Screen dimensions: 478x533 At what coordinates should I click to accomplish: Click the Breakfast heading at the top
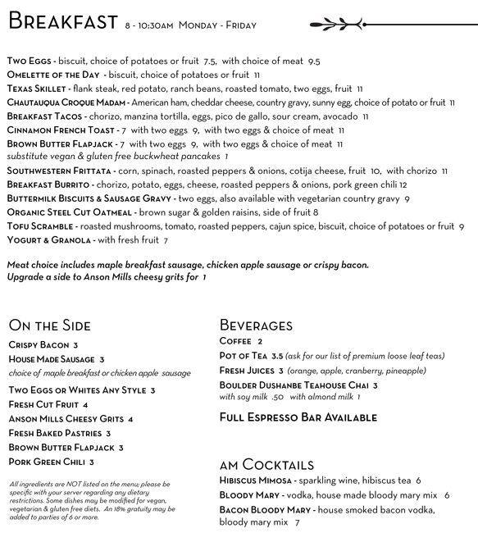[62, 23]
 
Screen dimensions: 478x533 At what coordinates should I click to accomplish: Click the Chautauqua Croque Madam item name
[66, 102]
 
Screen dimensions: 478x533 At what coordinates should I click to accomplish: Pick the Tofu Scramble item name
[39, 226]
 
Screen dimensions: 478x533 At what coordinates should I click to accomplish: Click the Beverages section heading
[256, 326]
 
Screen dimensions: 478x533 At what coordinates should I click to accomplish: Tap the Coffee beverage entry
[234, 341]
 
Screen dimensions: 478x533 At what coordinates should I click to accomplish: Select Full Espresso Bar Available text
[298, 417]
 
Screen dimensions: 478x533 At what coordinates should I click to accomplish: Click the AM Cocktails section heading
[266, 465]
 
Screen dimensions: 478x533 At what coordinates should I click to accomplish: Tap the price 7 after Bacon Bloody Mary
[298, 522]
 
